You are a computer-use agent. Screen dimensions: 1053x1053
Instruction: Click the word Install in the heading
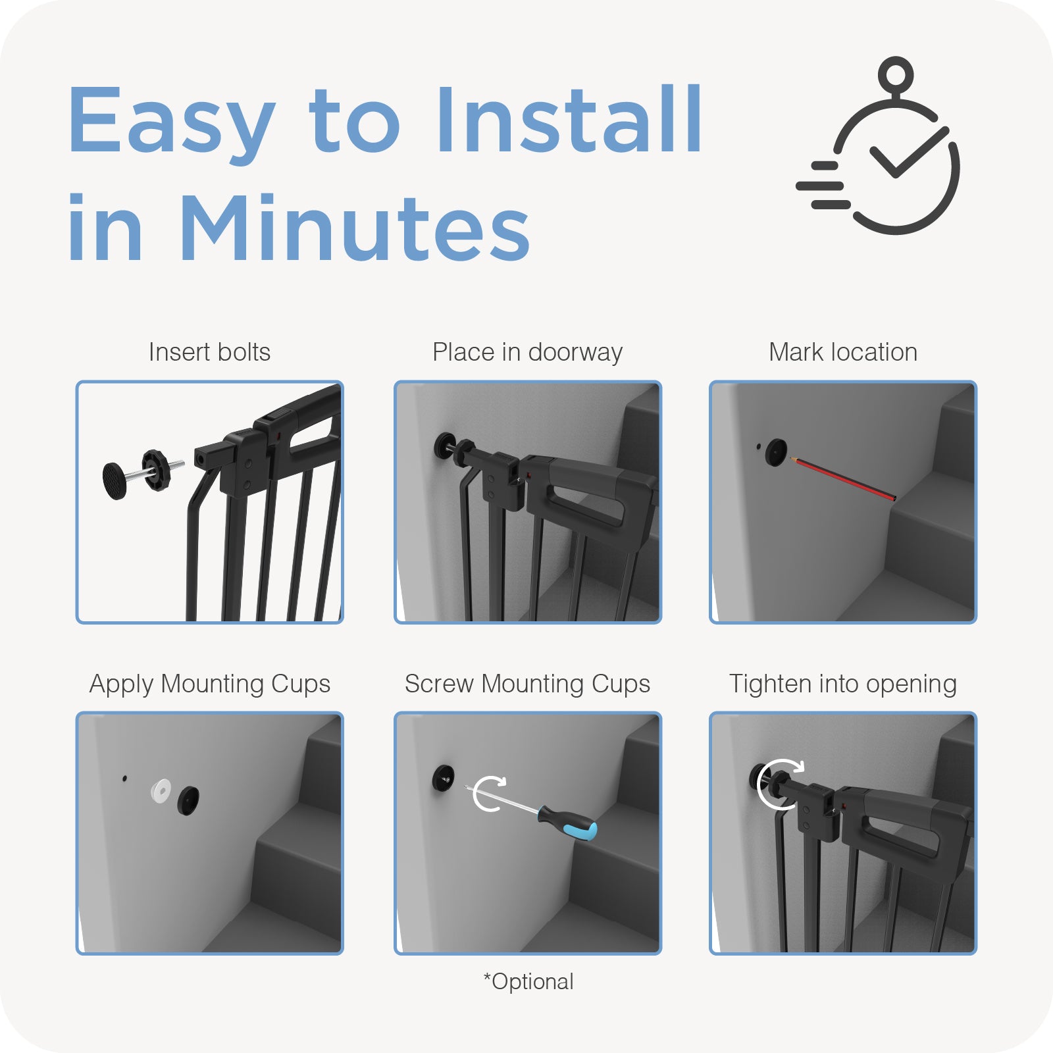tap(570, 120)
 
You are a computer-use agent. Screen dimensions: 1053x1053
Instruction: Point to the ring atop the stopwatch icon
tap(896, 73)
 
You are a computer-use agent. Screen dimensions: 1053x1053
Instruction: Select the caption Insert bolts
tap(209, 352)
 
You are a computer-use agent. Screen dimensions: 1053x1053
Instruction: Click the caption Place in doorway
tap(527, 353)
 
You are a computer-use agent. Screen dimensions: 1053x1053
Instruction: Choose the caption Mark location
tap(843, 352)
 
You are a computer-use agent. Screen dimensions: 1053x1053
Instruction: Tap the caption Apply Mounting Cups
tap(209, 684)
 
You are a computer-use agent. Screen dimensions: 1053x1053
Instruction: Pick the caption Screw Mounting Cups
tap(527, 684)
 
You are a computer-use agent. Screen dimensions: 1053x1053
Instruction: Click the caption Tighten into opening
tap(842, 684)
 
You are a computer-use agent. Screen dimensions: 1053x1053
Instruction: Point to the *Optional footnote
tap(528, 982)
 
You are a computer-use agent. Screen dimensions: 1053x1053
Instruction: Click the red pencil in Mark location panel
tap(843, 478)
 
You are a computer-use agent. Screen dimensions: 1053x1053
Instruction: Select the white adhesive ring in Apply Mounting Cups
tap(161, 790)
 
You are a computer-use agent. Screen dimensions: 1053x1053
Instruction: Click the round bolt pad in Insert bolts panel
tap(115, 480)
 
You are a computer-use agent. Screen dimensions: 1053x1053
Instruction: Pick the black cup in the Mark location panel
tap(777, 452)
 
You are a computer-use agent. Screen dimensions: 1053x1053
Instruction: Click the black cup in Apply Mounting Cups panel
tap(188, 800)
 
